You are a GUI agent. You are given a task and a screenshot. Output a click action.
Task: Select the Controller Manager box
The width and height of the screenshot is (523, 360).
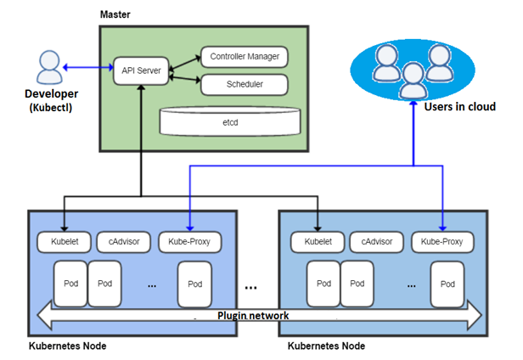coord(243,58)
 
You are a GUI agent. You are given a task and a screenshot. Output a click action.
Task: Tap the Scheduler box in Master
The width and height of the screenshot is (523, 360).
coord(243,85)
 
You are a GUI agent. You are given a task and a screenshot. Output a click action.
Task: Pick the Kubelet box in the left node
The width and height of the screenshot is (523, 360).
coord(64,242)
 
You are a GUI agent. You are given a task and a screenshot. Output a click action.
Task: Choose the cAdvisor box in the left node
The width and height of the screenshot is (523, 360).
coord(122,242)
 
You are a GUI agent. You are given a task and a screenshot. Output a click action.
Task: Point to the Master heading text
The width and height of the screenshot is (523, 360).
coord(115,14)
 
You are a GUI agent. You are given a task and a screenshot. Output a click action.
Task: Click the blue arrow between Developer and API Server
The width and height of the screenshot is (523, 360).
coord(88,67)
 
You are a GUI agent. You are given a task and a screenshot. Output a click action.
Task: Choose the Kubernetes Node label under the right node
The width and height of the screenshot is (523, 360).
coord(327,346)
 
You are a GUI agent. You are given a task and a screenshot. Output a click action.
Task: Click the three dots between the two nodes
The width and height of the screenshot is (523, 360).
coord(251,287)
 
